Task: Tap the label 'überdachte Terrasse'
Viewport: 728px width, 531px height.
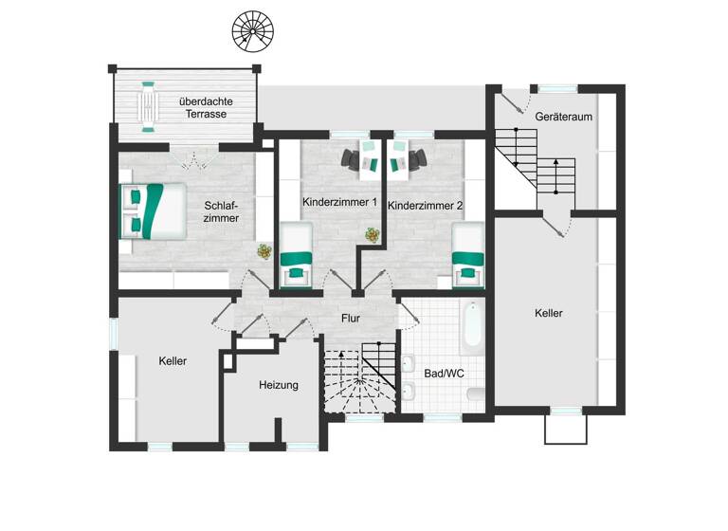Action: pyautogui.click(x=206, y=107)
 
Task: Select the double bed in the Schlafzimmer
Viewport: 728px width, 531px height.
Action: pyautogui.click(x=151, y=211)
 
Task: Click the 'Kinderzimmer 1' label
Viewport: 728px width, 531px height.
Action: pyautogui.click(x=340, y=203)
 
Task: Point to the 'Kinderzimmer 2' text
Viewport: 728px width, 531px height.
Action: pyautogui.click(x=426, y=204)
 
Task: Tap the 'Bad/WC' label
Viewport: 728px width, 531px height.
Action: pyautogui.click(x=444, y=374)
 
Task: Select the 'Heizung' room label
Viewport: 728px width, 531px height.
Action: pyautogui.click(x=279, y=385)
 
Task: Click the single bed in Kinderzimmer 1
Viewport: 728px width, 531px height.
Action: pyautogui.click(x=299, y=253)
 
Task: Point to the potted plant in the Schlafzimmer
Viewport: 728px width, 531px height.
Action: pyautogui.click(x=264, y=252)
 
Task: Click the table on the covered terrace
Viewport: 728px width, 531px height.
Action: pyautogui.click(x=149, y=104)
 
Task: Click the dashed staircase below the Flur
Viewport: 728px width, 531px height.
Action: pyautogui.click(x=361, y=379)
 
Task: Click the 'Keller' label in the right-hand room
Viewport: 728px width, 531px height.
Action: pyautogui.click(x=549, y=313)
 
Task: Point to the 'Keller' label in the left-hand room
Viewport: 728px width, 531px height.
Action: pyautogui.click(x=173, y=361)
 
